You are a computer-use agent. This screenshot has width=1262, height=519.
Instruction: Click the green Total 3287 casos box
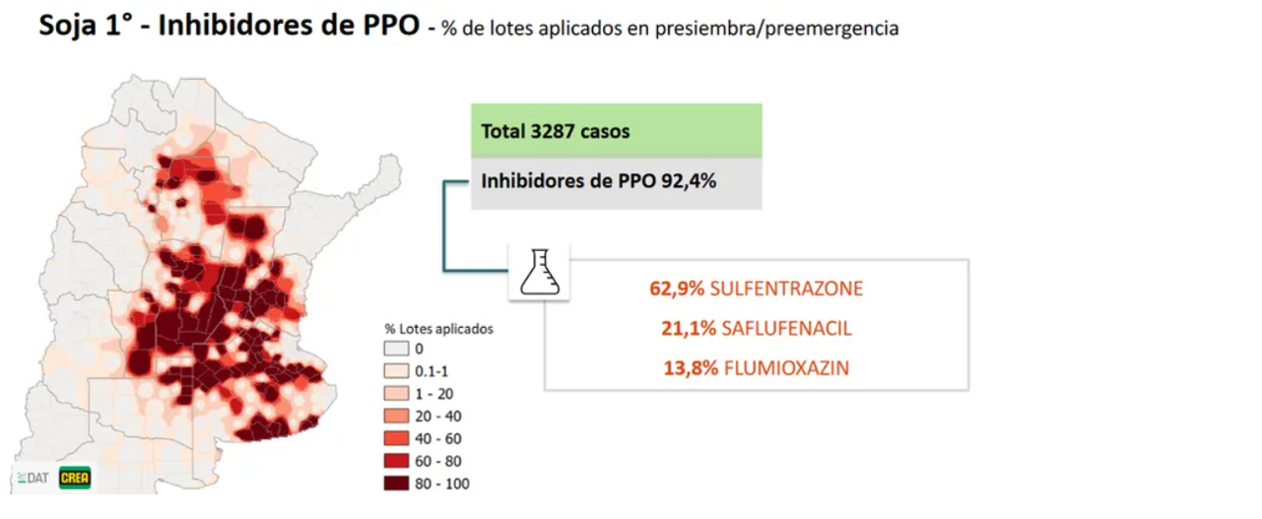[x=616, y=130]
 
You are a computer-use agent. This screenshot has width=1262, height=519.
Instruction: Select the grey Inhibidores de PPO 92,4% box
[x=616, y=182]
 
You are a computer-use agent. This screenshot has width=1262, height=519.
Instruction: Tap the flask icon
[x=539, y=271]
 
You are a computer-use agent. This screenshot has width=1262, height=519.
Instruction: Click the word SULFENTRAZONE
[x=786, y=289]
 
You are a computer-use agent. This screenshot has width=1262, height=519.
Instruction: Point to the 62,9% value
[x=677, y=289]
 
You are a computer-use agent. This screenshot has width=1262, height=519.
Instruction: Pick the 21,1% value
[x=683, y=329]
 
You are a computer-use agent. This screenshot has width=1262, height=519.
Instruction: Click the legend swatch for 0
[x=396, y=349]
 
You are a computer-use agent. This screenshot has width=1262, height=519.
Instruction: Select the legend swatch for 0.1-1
[x=396, y=371]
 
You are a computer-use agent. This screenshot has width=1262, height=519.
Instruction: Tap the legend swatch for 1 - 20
[x=396, y=393]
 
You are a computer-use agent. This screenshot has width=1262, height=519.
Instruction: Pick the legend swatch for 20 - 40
[x=396, y=416]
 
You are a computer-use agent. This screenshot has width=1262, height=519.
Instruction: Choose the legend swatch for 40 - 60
[x=396, y=438]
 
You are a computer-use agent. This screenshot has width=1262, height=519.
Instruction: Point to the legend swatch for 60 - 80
[x=396, y=461]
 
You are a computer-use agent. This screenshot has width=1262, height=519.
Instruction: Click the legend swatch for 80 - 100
[x=396, y=484]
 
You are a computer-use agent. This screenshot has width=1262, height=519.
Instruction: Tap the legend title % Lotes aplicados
[x=439, y=328]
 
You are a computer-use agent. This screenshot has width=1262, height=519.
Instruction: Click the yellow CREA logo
[x=75, y=478]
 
